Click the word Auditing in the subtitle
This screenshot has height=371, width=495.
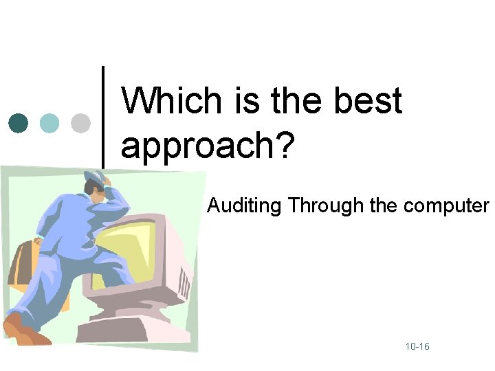coord(245,205)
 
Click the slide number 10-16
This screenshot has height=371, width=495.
coord(417,347)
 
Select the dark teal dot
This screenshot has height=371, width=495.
coord(19,123)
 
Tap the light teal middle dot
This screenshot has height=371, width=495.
coord(49,123)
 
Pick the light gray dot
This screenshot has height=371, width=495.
coord(80,123)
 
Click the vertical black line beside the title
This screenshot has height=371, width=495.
coord(103,117)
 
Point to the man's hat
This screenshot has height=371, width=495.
coord(95,179)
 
